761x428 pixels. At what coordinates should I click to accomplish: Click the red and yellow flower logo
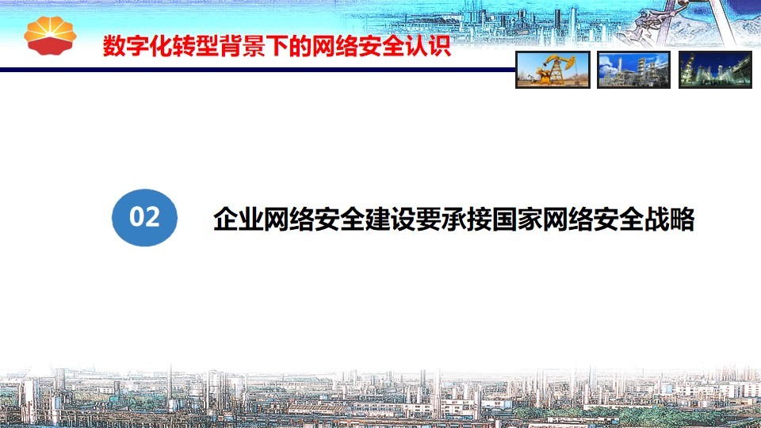50,36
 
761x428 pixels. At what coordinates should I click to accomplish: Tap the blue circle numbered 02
144,217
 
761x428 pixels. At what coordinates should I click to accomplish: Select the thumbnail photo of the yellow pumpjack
553,70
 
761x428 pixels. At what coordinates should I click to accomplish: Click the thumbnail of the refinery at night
715,70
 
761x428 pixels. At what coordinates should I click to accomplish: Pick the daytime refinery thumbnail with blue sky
633,70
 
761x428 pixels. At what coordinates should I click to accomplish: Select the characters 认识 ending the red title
428,46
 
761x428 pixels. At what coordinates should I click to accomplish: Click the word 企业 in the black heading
239,220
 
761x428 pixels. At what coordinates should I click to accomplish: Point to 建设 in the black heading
390,220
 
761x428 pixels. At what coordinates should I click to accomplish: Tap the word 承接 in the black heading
465,220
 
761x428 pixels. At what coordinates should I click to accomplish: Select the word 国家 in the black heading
516,220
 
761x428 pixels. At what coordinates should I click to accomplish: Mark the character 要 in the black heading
427,220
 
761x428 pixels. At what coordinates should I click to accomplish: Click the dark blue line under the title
257,70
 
